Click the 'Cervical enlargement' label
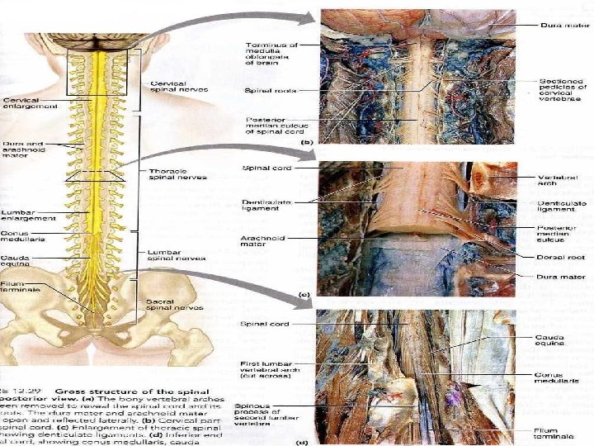point(30,102)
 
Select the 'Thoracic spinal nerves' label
point(177,173)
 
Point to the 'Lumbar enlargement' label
point(28,215)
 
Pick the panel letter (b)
point(306,142)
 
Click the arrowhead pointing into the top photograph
point(312,17)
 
